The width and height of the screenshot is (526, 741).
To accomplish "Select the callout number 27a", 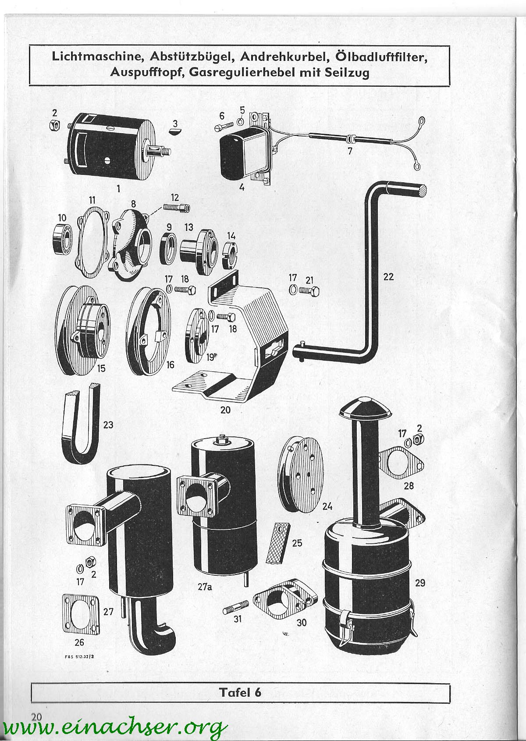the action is pos(205,586).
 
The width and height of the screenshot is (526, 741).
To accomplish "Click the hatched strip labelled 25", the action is pos(278,542).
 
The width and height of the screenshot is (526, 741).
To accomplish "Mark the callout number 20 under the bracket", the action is pos(225,410).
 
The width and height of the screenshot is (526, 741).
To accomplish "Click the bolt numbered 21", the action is pos(309,291).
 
